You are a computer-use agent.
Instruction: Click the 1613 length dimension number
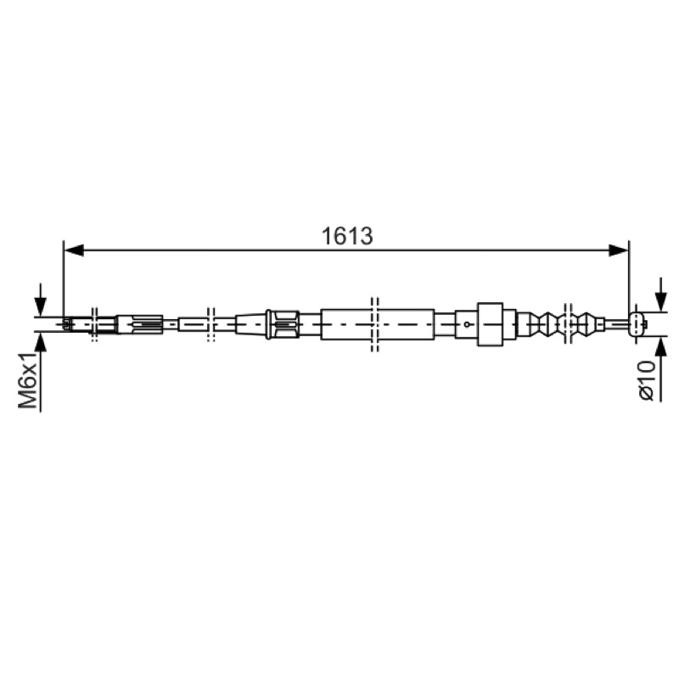(x=347, y=236)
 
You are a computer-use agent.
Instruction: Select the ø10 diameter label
(x=646, y=380)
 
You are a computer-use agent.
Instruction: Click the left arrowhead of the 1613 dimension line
(x=74, y=250)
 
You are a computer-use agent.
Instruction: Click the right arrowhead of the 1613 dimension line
(x=619, y=250)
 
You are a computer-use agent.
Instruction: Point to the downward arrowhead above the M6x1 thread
(x=40, y=306)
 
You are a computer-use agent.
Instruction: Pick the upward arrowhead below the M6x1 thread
(x=40, y=343)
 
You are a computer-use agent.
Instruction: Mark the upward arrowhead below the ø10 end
(x=661, y=347)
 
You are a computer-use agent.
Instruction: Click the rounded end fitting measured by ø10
(x=638, y=324)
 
